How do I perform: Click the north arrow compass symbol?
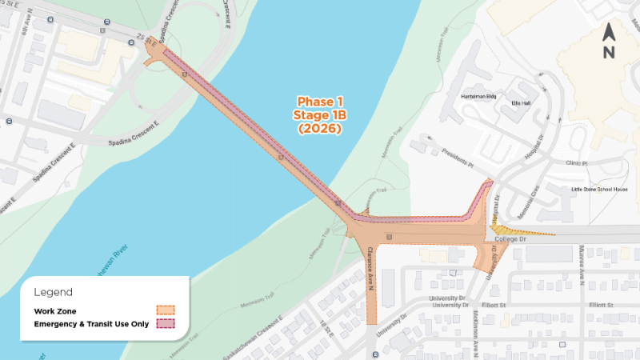pyautogui.click(x=608, y=42)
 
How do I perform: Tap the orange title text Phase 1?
pyautogui.click(x=320, y=102)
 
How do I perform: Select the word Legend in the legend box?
pyautogui.click(x=53, y=293)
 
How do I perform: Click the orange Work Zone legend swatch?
pyautogui.click(x=166, y=310)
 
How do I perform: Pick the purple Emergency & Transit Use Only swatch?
pyautogui.click(x=166, y=324)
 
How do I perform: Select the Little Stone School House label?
pyautogui.click(x=599, y=190)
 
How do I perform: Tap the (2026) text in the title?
pyautogui.click(x=320, y=128)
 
